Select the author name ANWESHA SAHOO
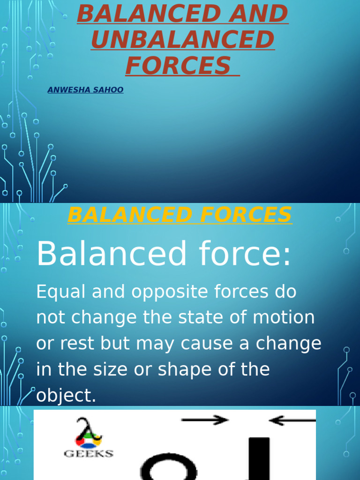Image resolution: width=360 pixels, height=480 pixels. (85, 90)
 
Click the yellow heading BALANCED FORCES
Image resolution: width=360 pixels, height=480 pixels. (180, 215)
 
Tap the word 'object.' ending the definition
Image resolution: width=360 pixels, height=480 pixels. (66, 396)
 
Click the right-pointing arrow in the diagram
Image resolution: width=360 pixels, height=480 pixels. (205, 420)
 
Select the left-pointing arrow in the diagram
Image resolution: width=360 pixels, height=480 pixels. (292, 420)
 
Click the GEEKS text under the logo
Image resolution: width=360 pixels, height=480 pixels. (89, 453)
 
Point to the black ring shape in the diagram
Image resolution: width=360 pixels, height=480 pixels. (169, 468)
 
